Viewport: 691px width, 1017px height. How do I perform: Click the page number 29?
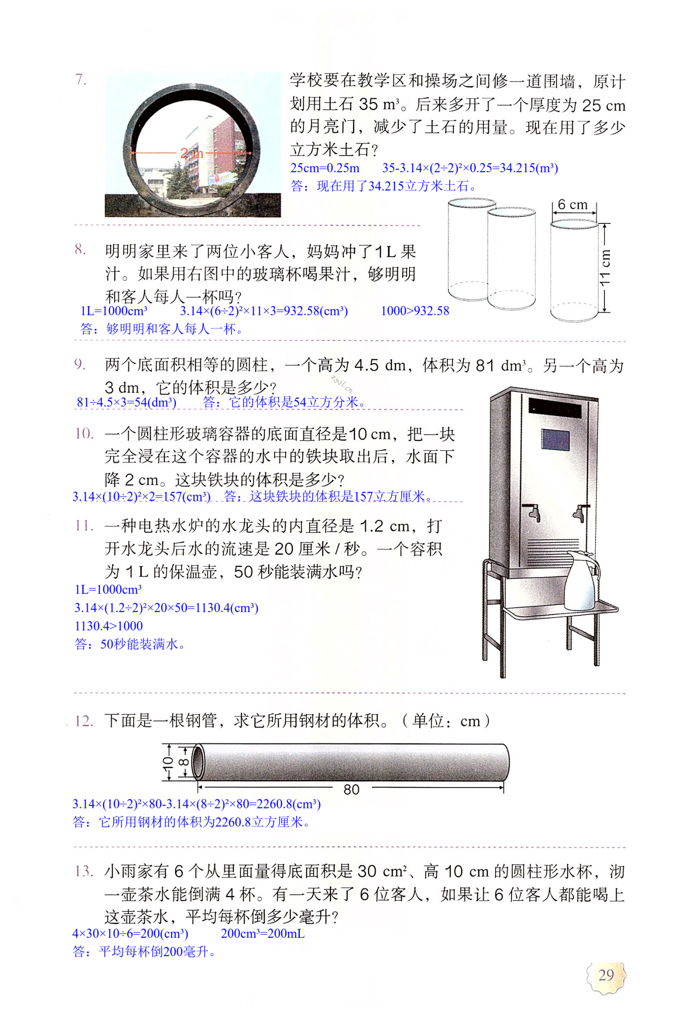pyautogui.click(x=606, y=975)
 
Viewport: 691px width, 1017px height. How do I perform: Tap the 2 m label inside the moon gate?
pyautogui.click(x=191, y=153)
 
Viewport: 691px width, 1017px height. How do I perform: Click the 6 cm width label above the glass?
pyautogui.click(x=572, y=205)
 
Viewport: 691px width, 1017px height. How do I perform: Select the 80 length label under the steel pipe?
pyautogui.click(x=351, y=789)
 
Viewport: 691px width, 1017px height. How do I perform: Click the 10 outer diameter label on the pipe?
pyautogui.click(x=168, y=762)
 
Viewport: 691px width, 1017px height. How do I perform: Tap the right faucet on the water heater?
pyautogui.click(x=580, y=513)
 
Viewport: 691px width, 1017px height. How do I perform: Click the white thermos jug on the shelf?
pyautogui.click(x=581, y=580)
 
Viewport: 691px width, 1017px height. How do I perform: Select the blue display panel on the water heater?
pyautogui.click(x=555, y=439)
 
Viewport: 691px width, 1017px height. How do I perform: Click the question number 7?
pyautogui.click(x=81, y=80)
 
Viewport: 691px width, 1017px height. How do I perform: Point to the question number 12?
pyautogui.click(x=84, y=721)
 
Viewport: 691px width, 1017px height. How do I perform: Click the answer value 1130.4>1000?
pyautogui.click(x=109, y=626)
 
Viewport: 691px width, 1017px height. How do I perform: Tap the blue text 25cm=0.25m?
pyautogui.click(x=324, y=168)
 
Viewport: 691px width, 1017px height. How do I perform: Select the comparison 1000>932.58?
pyautogui.click(x=415, y=311)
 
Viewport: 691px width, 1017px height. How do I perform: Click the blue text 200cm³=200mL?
pyautogui.click(x=263, y=934)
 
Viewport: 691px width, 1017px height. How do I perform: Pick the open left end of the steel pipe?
pyautogui.click(x=198, y=762)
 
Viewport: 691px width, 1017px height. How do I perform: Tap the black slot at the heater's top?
pyautogui.click(x=555, y=408)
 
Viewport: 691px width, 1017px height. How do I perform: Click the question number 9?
pyautogui.click(x=80, y=364)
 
